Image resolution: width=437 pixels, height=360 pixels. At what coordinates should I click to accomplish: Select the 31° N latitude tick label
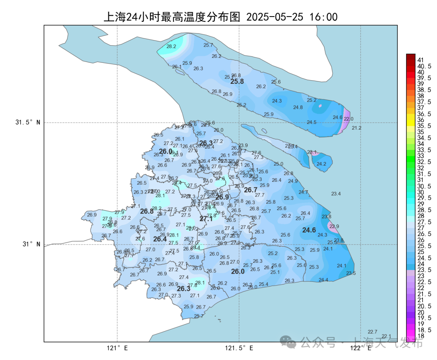30,244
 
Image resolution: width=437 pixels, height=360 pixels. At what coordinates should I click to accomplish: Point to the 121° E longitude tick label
117,348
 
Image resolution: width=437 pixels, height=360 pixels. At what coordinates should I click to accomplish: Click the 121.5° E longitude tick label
239,348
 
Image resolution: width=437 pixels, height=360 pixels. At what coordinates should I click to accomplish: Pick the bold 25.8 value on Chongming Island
237,81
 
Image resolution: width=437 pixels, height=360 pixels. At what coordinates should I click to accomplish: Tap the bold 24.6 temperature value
309,230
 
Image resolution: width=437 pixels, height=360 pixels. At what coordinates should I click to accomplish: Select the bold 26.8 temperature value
147,211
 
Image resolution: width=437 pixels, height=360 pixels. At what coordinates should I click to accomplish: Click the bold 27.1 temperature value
206,219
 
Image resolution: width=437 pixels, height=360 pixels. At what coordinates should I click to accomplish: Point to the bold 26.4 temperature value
160,239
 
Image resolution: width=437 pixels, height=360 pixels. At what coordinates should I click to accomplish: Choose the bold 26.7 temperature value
250,190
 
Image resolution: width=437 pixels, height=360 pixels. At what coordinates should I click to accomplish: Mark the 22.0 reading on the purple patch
348,119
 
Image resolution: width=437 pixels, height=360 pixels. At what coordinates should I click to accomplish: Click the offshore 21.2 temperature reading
356,128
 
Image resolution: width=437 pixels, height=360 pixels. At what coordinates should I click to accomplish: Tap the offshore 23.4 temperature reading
336,194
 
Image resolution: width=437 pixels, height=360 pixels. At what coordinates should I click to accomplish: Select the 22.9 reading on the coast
334,226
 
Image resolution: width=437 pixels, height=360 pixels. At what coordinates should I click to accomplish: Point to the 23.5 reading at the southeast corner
351,273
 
